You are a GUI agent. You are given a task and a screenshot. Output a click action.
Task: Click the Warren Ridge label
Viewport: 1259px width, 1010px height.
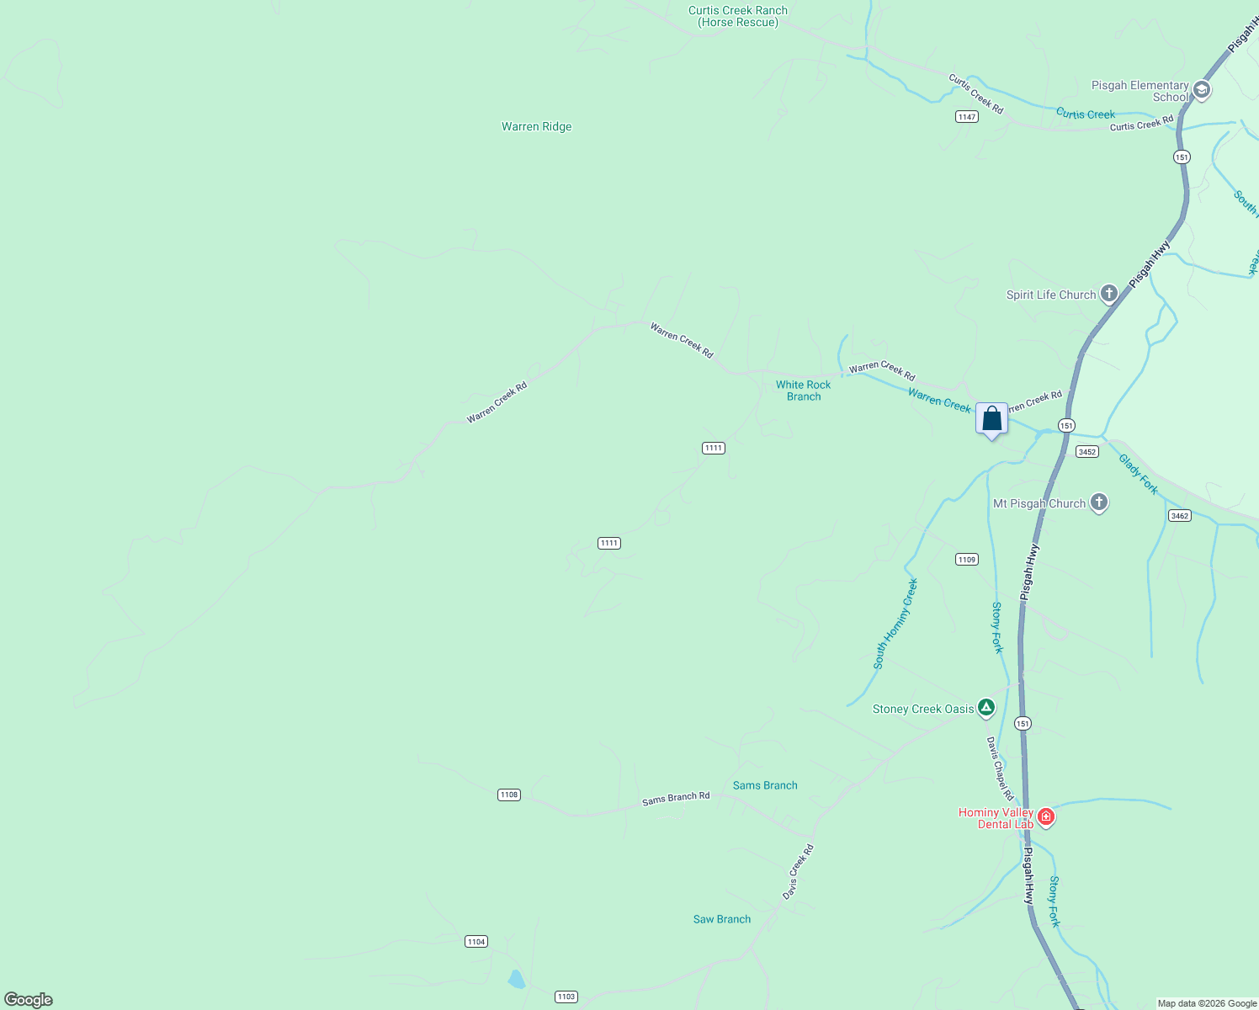[536, 127]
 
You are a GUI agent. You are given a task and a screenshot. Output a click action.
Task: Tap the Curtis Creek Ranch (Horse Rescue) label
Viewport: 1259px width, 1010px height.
[738, 17]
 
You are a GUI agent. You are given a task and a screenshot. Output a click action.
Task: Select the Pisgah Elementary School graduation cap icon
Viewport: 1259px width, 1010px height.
[1202, 90]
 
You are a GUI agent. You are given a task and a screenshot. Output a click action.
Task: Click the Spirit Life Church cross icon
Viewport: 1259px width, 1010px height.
[1109, 294]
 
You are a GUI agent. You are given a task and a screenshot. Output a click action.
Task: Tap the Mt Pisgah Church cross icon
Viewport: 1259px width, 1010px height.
[1098, 502]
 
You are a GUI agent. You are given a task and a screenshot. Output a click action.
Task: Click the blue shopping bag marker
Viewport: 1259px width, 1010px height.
[992, 419]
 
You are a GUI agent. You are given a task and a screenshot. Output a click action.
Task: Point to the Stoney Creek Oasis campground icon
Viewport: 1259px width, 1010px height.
[985, 708]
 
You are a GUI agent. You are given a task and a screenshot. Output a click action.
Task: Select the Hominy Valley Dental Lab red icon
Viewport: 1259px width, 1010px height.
[1046, 816]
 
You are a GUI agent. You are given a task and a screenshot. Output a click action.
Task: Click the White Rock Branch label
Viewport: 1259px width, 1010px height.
[803, 391]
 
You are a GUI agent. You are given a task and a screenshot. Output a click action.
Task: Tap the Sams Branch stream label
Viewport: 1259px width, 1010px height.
[765, 785]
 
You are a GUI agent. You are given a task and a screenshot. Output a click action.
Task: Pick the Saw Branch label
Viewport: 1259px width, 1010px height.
[722, 919]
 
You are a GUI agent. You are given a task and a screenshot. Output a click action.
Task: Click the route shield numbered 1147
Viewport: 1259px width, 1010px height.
[967, 117]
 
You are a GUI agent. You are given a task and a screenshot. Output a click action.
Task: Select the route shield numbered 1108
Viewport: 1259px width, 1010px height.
[509, 795]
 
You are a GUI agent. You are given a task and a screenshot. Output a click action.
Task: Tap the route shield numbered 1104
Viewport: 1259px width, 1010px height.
[476, 942]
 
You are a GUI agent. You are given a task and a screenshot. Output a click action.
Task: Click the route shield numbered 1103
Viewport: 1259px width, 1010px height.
[566, 997]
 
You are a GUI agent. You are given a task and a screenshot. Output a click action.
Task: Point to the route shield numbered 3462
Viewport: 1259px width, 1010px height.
[1180, 515]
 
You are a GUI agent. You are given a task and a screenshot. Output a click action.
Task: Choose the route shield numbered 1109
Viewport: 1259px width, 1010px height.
[967, 560]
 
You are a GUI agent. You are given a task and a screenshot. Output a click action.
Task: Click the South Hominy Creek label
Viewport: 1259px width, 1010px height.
[895, 624]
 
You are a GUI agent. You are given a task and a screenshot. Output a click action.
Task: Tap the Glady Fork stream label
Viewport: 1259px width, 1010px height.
[1138, 474]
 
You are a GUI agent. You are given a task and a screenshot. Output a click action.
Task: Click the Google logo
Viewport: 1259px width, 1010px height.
[29, 1000]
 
